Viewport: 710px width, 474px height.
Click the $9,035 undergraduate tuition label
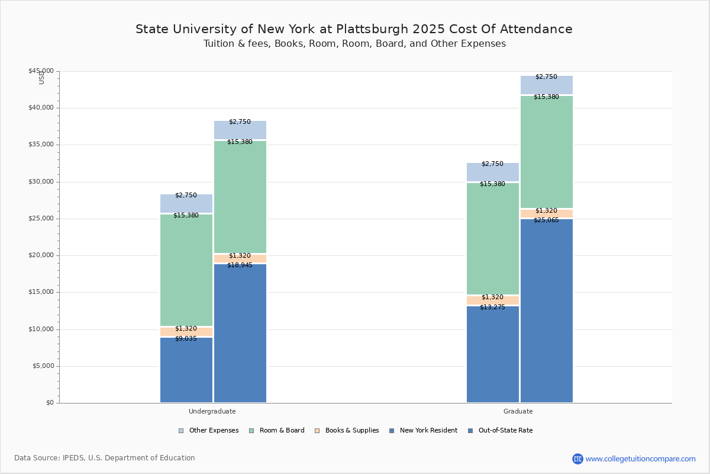pyautogui.click(x=186, y=339)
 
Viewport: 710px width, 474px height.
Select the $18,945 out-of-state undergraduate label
pyautogui.click(x=240, y=265)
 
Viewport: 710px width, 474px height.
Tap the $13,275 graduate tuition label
pyautogui.click(x=492, y=308)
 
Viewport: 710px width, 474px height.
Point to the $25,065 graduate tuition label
pyautogui.click(x=546, y=220)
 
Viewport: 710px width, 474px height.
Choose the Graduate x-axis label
pyautogui.click(x=518, y=411)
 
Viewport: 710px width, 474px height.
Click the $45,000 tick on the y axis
pyautogui.click(x=41, y=71)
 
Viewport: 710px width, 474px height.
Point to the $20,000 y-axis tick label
pyautogui.click(x=41, y=255)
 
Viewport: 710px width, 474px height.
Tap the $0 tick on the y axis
pyautogui.click(x=49, y=403)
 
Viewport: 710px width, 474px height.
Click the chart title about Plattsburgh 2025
pyautogui.click(x=354, y=29)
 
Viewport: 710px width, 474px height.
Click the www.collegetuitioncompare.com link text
pyautogui.click(x=640, y=459)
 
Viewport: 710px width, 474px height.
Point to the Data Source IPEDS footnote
pyautogui.click(x=105, y=458)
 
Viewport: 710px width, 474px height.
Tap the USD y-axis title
pyautogui.click(x=41, y=78)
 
